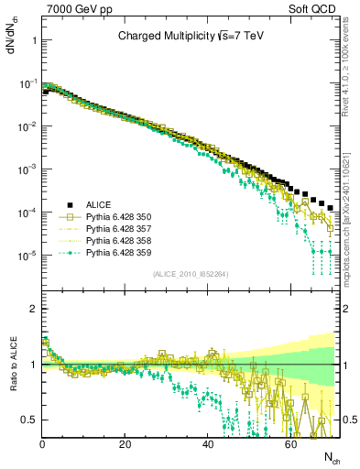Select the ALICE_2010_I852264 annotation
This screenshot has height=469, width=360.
click(190, 273)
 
